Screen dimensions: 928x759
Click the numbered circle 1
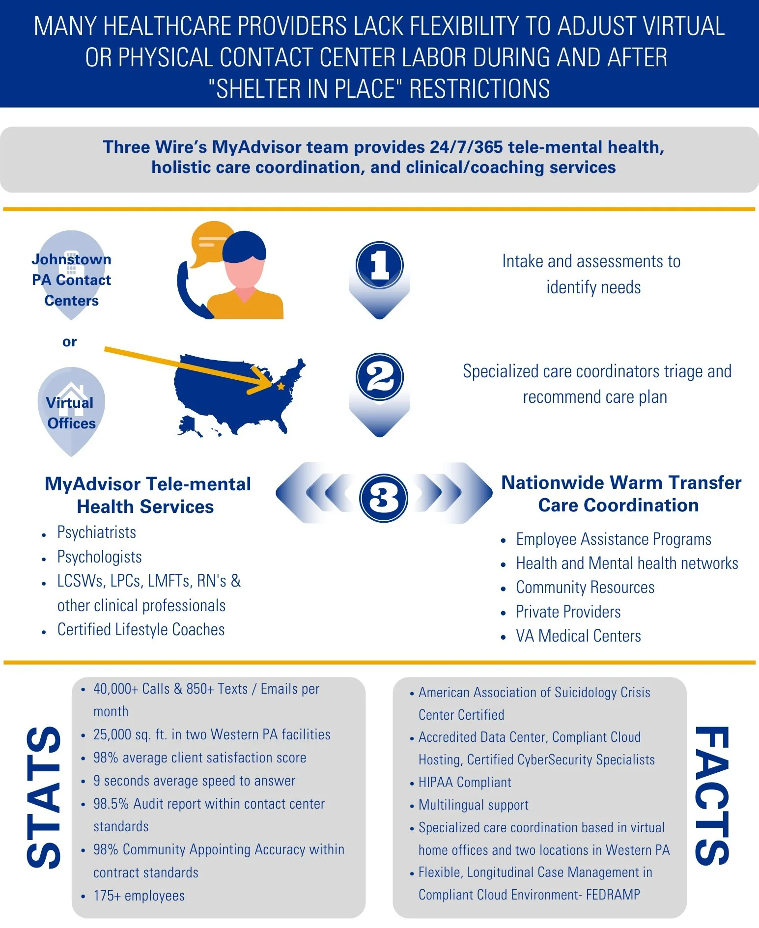click(x=379, y=265)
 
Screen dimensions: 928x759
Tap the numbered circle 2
click(x=379, y=377)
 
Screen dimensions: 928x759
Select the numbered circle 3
click(x=383, y=498)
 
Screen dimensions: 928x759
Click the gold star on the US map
click(x=281, y=387)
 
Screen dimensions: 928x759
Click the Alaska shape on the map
click(x=189, y=425)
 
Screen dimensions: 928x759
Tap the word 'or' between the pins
click(x=69, y=341)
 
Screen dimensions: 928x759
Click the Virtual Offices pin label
click(x=71, y=413)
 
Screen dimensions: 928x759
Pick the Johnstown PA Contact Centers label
click(x=71, y=280)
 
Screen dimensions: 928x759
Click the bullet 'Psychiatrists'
click(x=97, y=533)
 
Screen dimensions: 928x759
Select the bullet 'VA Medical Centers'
click(x=578, y=636)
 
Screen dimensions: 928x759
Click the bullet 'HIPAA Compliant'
click(x=465, y=782)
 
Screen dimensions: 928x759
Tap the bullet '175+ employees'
click(x=139, y=896)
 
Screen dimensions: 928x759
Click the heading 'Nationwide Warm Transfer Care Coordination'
click(x=620, y=494)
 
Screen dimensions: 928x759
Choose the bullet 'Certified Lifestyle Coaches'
click(x=141, y=630)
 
